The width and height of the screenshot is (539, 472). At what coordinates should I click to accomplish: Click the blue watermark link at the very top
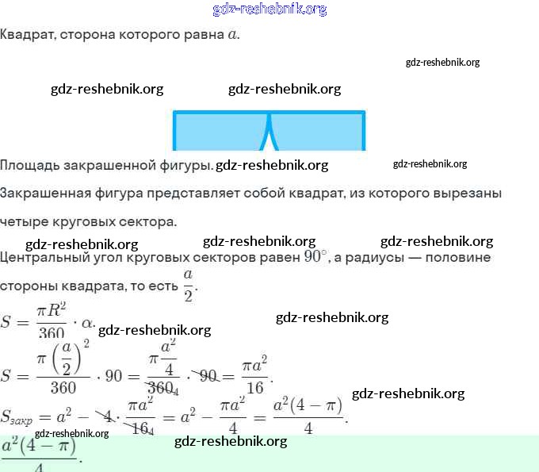pyautogui.click(x=269, y=10)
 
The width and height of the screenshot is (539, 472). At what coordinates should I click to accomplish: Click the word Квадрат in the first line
pyautogui.click(x=26, y=36)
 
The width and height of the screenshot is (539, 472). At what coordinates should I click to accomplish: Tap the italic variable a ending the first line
pyautogui.click(x=231, y=36)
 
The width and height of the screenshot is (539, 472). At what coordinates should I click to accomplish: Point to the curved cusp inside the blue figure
pyautogui.click(x=269, y=131)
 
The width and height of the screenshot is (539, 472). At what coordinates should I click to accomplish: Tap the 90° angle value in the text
pyautogui.click(x=314, y=257)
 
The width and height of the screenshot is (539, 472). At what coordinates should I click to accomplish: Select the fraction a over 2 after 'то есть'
pyautogui.click(x=188, y=285)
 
